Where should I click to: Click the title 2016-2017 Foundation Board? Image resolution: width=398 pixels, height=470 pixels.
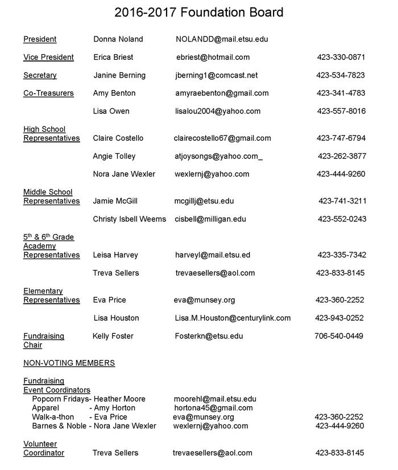198,13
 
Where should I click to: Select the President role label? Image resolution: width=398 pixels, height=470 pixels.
40,39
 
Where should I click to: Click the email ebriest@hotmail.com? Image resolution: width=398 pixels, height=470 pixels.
213,57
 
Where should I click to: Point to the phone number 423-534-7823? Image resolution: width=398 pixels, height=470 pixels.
341,75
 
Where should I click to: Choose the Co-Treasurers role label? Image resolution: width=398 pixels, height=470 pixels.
48,93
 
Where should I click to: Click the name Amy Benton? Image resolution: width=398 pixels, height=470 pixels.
114,93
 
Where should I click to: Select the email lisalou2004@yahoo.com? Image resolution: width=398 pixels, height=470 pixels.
218,111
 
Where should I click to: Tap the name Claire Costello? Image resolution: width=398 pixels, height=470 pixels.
118,138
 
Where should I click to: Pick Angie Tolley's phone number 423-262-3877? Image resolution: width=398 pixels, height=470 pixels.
342,156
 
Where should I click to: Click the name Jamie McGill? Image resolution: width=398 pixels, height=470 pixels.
115,201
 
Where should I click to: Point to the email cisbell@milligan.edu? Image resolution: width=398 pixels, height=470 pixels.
210,219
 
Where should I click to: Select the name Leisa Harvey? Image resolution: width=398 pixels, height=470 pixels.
115,255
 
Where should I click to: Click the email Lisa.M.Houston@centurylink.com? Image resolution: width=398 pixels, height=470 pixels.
233,318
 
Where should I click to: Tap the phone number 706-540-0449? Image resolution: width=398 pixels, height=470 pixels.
339,336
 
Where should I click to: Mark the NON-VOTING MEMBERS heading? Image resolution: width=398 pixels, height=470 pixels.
69,363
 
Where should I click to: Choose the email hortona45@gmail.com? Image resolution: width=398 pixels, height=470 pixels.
213,408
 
